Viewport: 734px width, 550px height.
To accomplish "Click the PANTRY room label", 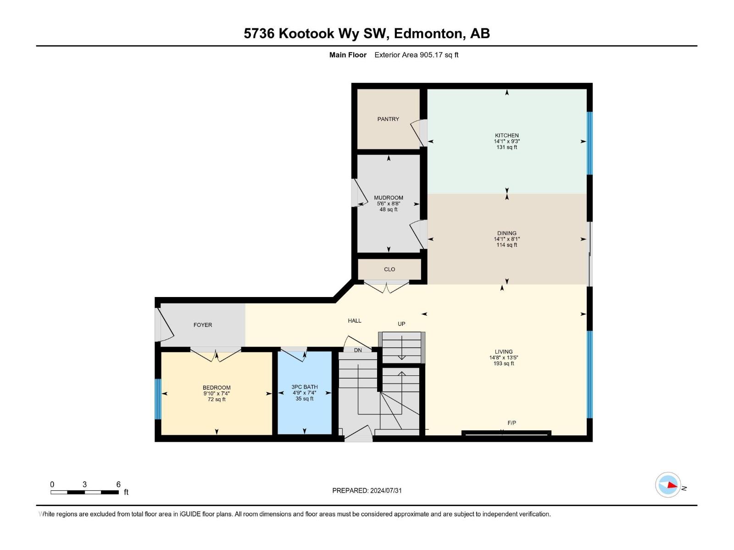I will tap(388, 119).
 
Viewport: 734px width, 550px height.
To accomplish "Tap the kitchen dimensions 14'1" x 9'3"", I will tap(506, 142).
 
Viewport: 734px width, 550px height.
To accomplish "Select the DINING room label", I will tap(506, 233).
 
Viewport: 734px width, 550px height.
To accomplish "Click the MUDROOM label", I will tap(388, 198).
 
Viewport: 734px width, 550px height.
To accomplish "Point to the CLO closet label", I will tap(389, 269).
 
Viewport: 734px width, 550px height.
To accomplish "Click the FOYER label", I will tap(203, 325).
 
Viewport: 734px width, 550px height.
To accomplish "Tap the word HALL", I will tap(355, 321).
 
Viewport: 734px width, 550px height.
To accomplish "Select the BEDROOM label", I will tap(217, 388).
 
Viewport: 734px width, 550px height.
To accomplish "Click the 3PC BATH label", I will tap(305, 387).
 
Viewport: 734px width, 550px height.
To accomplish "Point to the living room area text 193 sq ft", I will tap(503, 364).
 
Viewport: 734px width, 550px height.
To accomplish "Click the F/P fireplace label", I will tap(512, 423).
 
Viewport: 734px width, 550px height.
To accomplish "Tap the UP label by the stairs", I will tap(401, 324).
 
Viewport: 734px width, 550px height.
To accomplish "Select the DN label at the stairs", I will tap(358, 350).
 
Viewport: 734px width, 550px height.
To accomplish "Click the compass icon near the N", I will tap(668, 484).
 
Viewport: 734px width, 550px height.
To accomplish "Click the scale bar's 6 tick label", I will tap(118, 484).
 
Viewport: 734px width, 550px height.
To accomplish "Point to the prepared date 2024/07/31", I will tap(385, 490).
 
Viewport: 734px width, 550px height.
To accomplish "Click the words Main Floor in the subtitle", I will tap(348, 55).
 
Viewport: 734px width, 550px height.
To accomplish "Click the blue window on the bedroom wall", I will tap(158, 399).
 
